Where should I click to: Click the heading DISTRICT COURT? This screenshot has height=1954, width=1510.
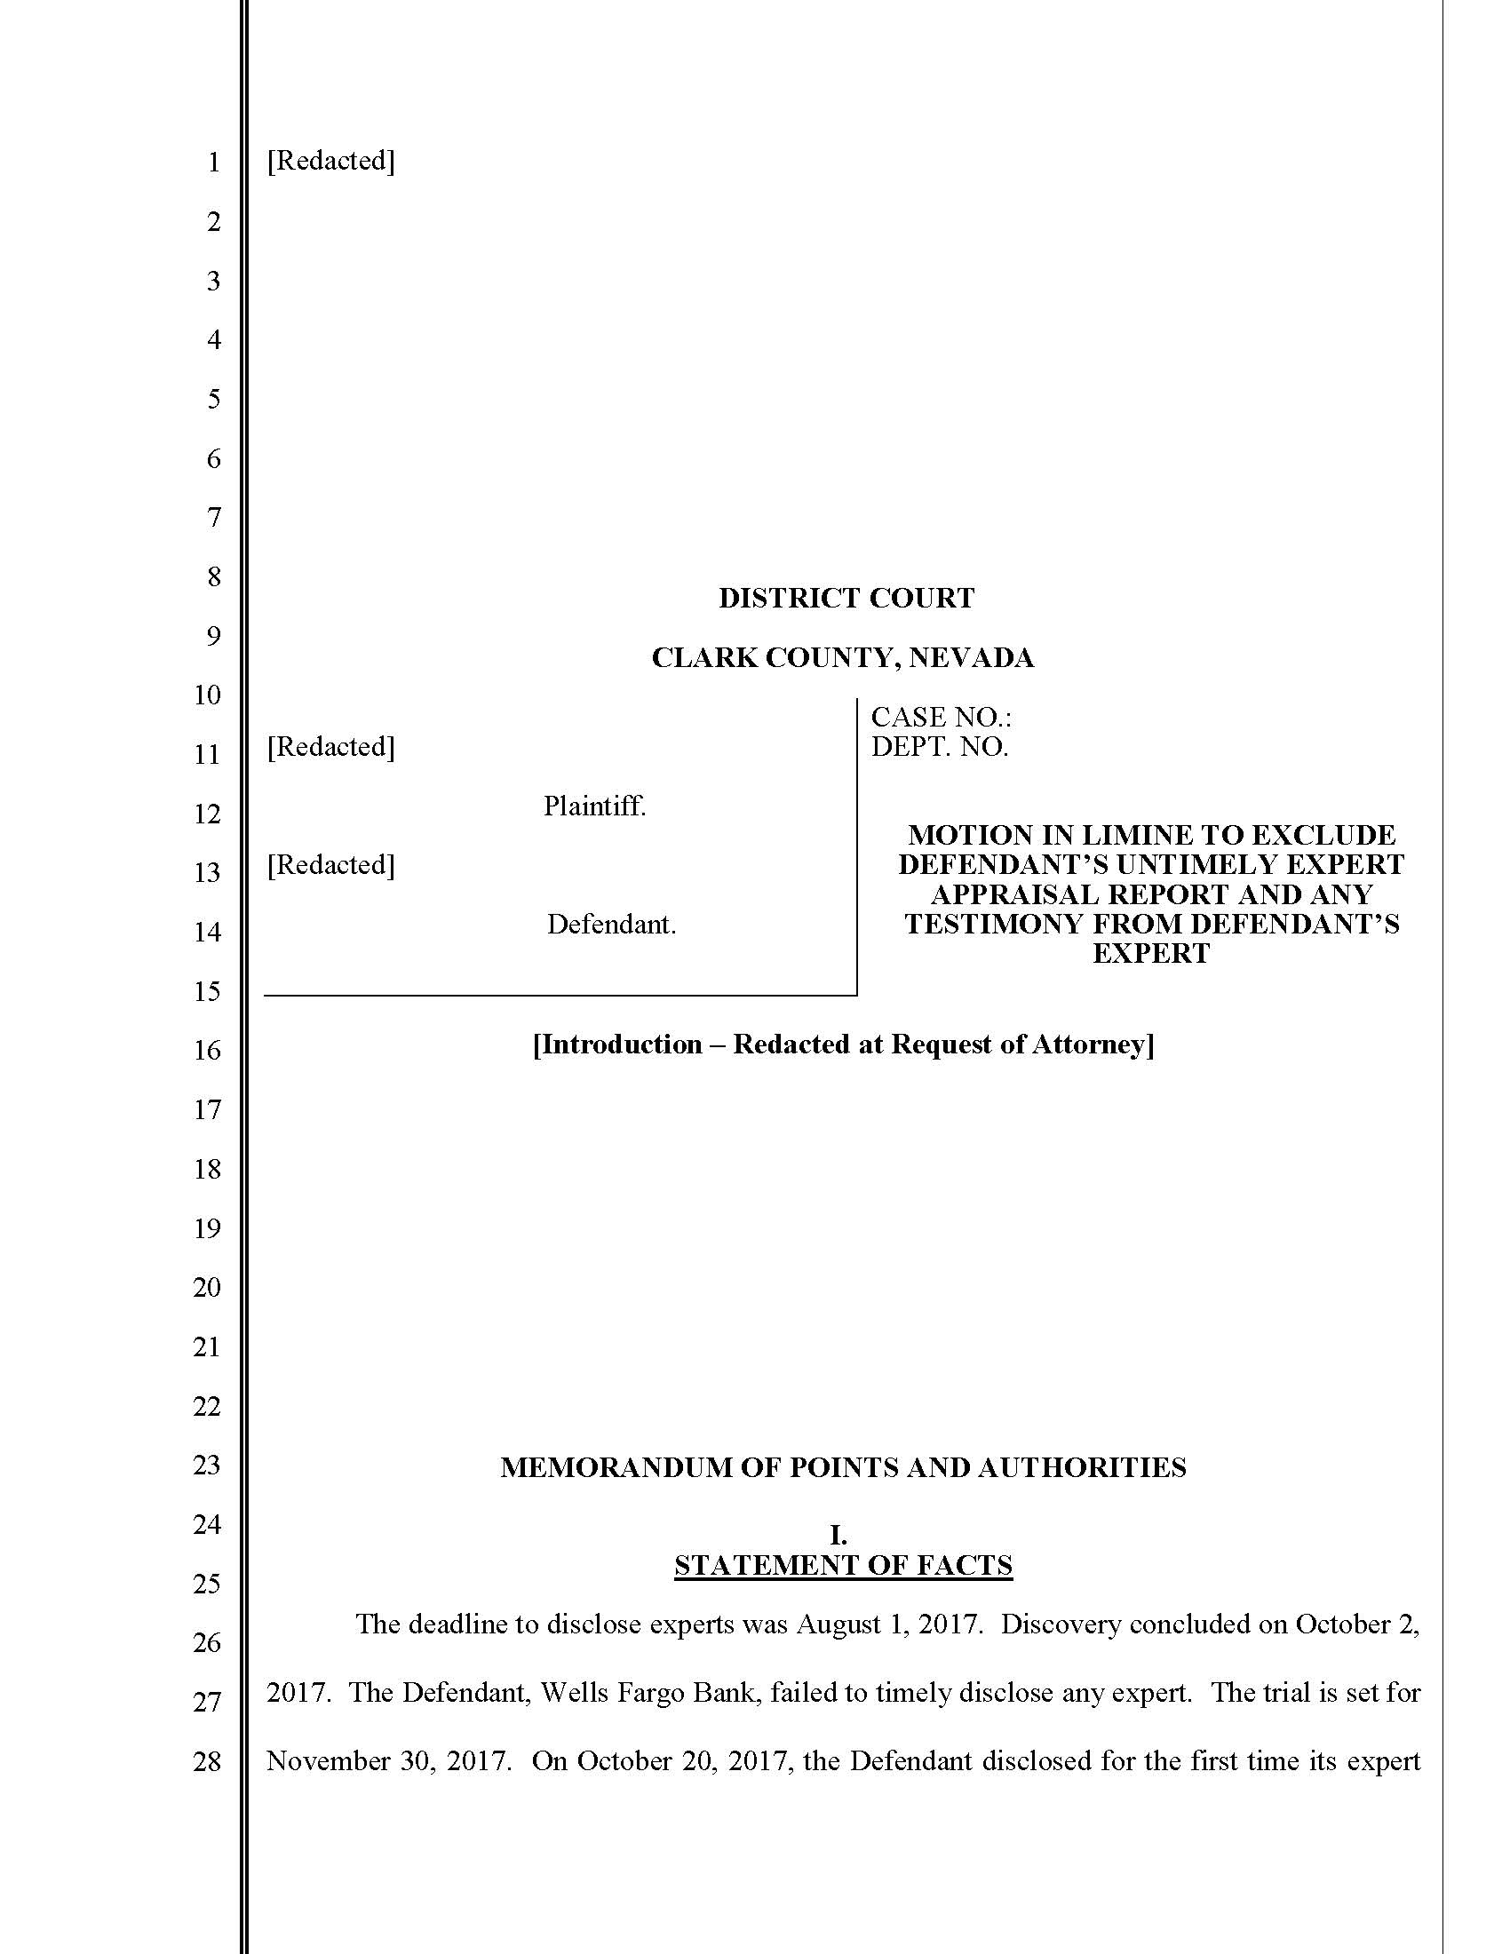coord(846,598)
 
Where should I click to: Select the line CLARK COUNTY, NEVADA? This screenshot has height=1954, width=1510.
coord(842,657)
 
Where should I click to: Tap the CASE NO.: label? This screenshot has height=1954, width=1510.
coord(940,717)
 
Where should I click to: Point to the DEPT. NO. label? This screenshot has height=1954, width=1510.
coord(939,746)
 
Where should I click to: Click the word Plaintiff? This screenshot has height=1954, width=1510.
coord(594,806)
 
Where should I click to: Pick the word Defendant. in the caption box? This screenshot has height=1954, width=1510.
coord(611,925)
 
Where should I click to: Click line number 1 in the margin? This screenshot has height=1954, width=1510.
coord(213,162)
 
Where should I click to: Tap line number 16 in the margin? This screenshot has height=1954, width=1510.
coord(207,1051)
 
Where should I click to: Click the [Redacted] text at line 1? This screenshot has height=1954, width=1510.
coord(330,160)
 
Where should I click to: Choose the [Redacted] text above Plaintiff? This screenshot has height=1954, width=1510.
coord(330,746)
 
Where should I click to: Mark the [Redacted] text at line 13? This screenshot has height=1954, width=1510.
coord(330,864)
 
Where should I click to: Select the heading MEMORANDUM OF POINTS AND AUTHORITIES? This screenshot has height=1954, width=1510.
coord(843,1467)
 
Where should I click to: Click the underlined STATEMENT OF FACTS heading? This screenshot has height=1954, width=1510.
coord(843,1565)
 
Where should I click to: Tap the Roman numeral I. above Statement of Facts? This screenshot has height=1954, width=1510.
coord(838,1536)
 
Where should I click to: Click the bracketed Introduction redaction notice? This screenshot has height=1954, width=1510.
coord(843,1045)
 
